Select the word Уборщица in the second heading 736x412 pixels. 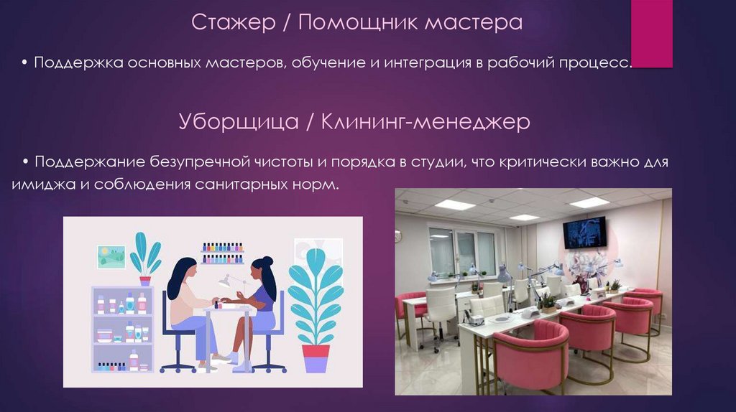239,122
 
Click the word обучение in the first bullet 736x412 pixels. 331,63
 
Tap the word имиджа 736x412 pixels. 40,184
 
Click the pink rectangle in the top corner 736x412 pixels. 651,34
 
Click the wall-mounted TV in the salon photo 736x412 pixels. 584,232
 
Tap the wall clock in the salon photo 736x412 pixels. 398,235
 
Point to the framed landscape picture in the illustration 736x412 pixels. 111,256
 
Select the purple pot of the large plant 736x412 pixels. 315,357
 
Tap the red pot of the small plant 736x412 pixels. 145,281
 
